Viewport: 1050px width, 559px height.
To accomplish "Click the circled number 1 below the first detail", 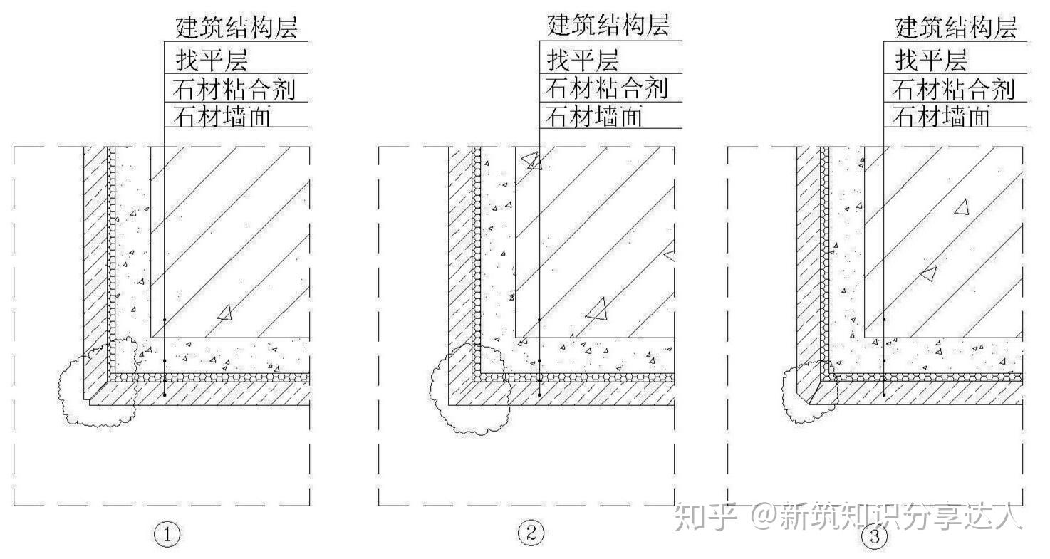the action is coord(167,534).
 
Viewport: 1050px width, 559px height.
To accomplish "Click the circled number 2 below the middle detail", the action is coord(531,533).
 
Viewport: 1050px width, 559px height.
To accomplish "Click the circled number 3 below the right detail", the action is coord(875,537).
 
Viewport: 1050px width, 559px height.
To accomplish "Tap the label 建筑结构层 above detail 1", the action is coord(236,28).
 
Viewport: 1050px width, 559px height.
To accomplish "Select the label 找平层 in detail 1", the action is coord(211,60).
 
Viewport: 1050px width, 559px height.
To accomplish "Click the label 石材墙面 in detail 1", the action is coord(222,116).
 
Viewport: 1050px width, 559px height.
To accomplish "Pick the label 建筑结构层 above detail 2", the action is coord(608,26).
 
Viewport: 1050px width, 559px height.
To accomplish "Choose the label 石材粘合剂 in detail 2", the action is coord(607,88).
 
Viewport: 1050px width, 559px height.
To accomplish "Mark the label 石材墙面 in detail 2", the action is coord(594,116).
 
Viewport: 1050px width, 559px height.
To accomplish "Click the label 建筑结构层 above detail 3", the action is coord(955,28).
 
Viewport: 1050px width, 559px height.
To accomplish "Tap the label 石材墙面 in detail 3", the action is coord(942,116).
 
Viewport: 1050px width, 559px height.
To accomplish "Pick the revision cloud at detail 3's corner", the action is coord(808,392).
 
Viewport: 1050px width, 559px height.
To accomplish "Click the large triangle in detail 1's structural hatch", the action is coord(225,312).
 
